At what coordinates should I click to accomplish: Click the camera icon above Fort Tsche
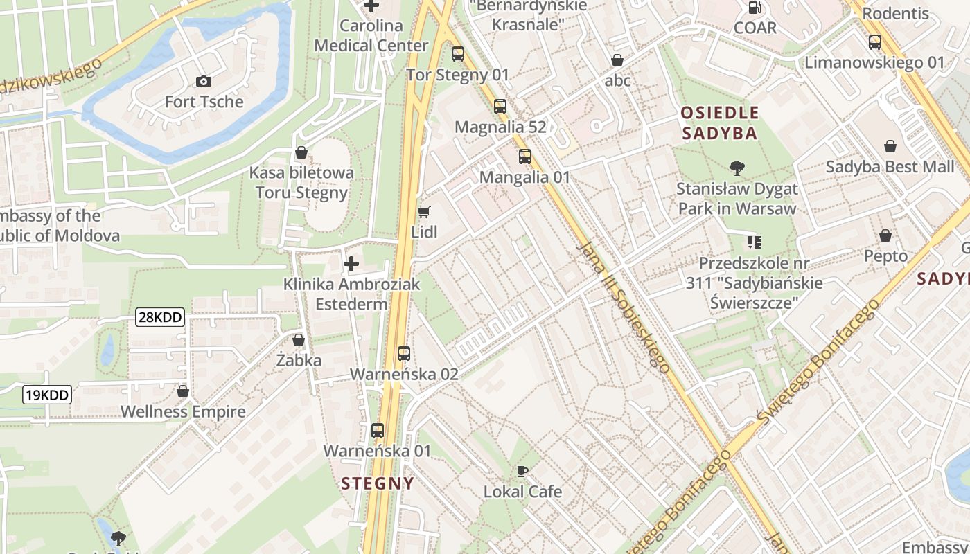(x=203, y=82)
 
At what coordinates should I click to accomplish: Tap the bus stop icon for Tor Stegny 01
(x=457, y=54)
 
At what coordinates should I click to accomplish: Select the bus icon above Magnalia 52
(x=500, y=107)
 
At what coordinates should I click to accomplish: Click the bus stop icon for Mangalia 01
(x=524, y=157)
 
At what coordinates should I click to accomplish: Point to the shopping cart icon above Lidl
(x=423, y=212)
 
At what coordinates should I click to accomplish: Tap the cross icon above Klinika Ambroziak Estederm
(x=351, y=264)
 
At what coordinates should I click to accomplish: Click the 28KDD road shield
(x=160, y=318)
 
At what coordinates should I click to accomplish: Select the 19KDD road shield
(x=47, y=395)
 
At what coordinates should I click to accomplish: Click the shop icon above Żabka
(x=299, y=340)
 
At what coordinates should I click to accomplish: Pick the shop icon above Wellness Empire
(x=183, y=391)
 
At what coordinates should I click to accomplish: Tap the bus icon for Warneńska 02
(x=404, y=354)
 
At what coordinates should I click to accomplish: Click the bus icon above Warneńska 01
(x=378, y=431)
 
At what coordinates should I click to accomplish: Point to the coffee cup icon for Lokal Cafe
(x=522, y=472)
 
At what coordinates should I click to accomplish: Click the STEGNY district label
(x=378, y=483)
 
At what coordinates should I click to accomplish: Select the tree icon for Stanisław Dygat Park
(x=737, y=168)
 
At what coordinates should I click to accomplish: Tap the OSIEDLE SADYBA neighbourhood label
(x=719, y=123)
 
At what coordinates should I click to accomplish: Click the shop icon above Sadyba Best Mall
(x=890, y=146)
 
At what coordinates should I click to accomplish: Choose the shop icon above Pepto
(x=885, y=235)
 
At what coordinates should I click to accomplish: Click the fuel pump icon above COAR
(x=755, y=8)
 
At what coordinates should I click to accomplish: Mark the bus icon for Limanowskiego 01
(x=874, y=42)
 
